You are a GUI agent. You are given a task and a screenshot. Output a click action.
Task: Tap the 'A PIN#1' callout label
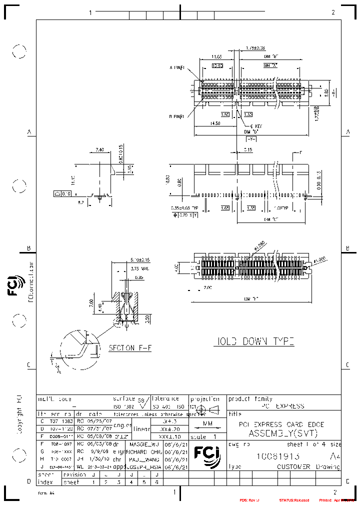click(x=177, y=67)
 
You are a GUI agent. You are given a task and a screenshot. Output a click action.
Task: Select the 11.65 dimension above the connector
click(x=216, y=57)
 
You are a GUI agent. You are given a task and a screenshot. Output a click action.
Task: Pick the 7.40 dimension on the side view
click(x=99, y=149)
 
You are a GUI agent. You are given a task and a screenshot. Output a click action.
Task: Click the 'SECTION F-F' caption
click(x=129, y=347)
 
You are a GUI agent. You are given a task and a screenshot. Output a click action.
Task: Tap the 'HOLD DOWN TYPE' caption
click(x=254, y=341)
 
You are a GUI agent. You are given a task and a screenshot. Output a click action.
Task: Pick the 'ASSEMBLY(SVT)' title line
click(x=283, y=433)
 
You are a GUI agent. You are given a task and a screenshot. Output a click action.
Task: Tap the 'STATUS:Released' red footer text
click(x=294, y=500)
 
